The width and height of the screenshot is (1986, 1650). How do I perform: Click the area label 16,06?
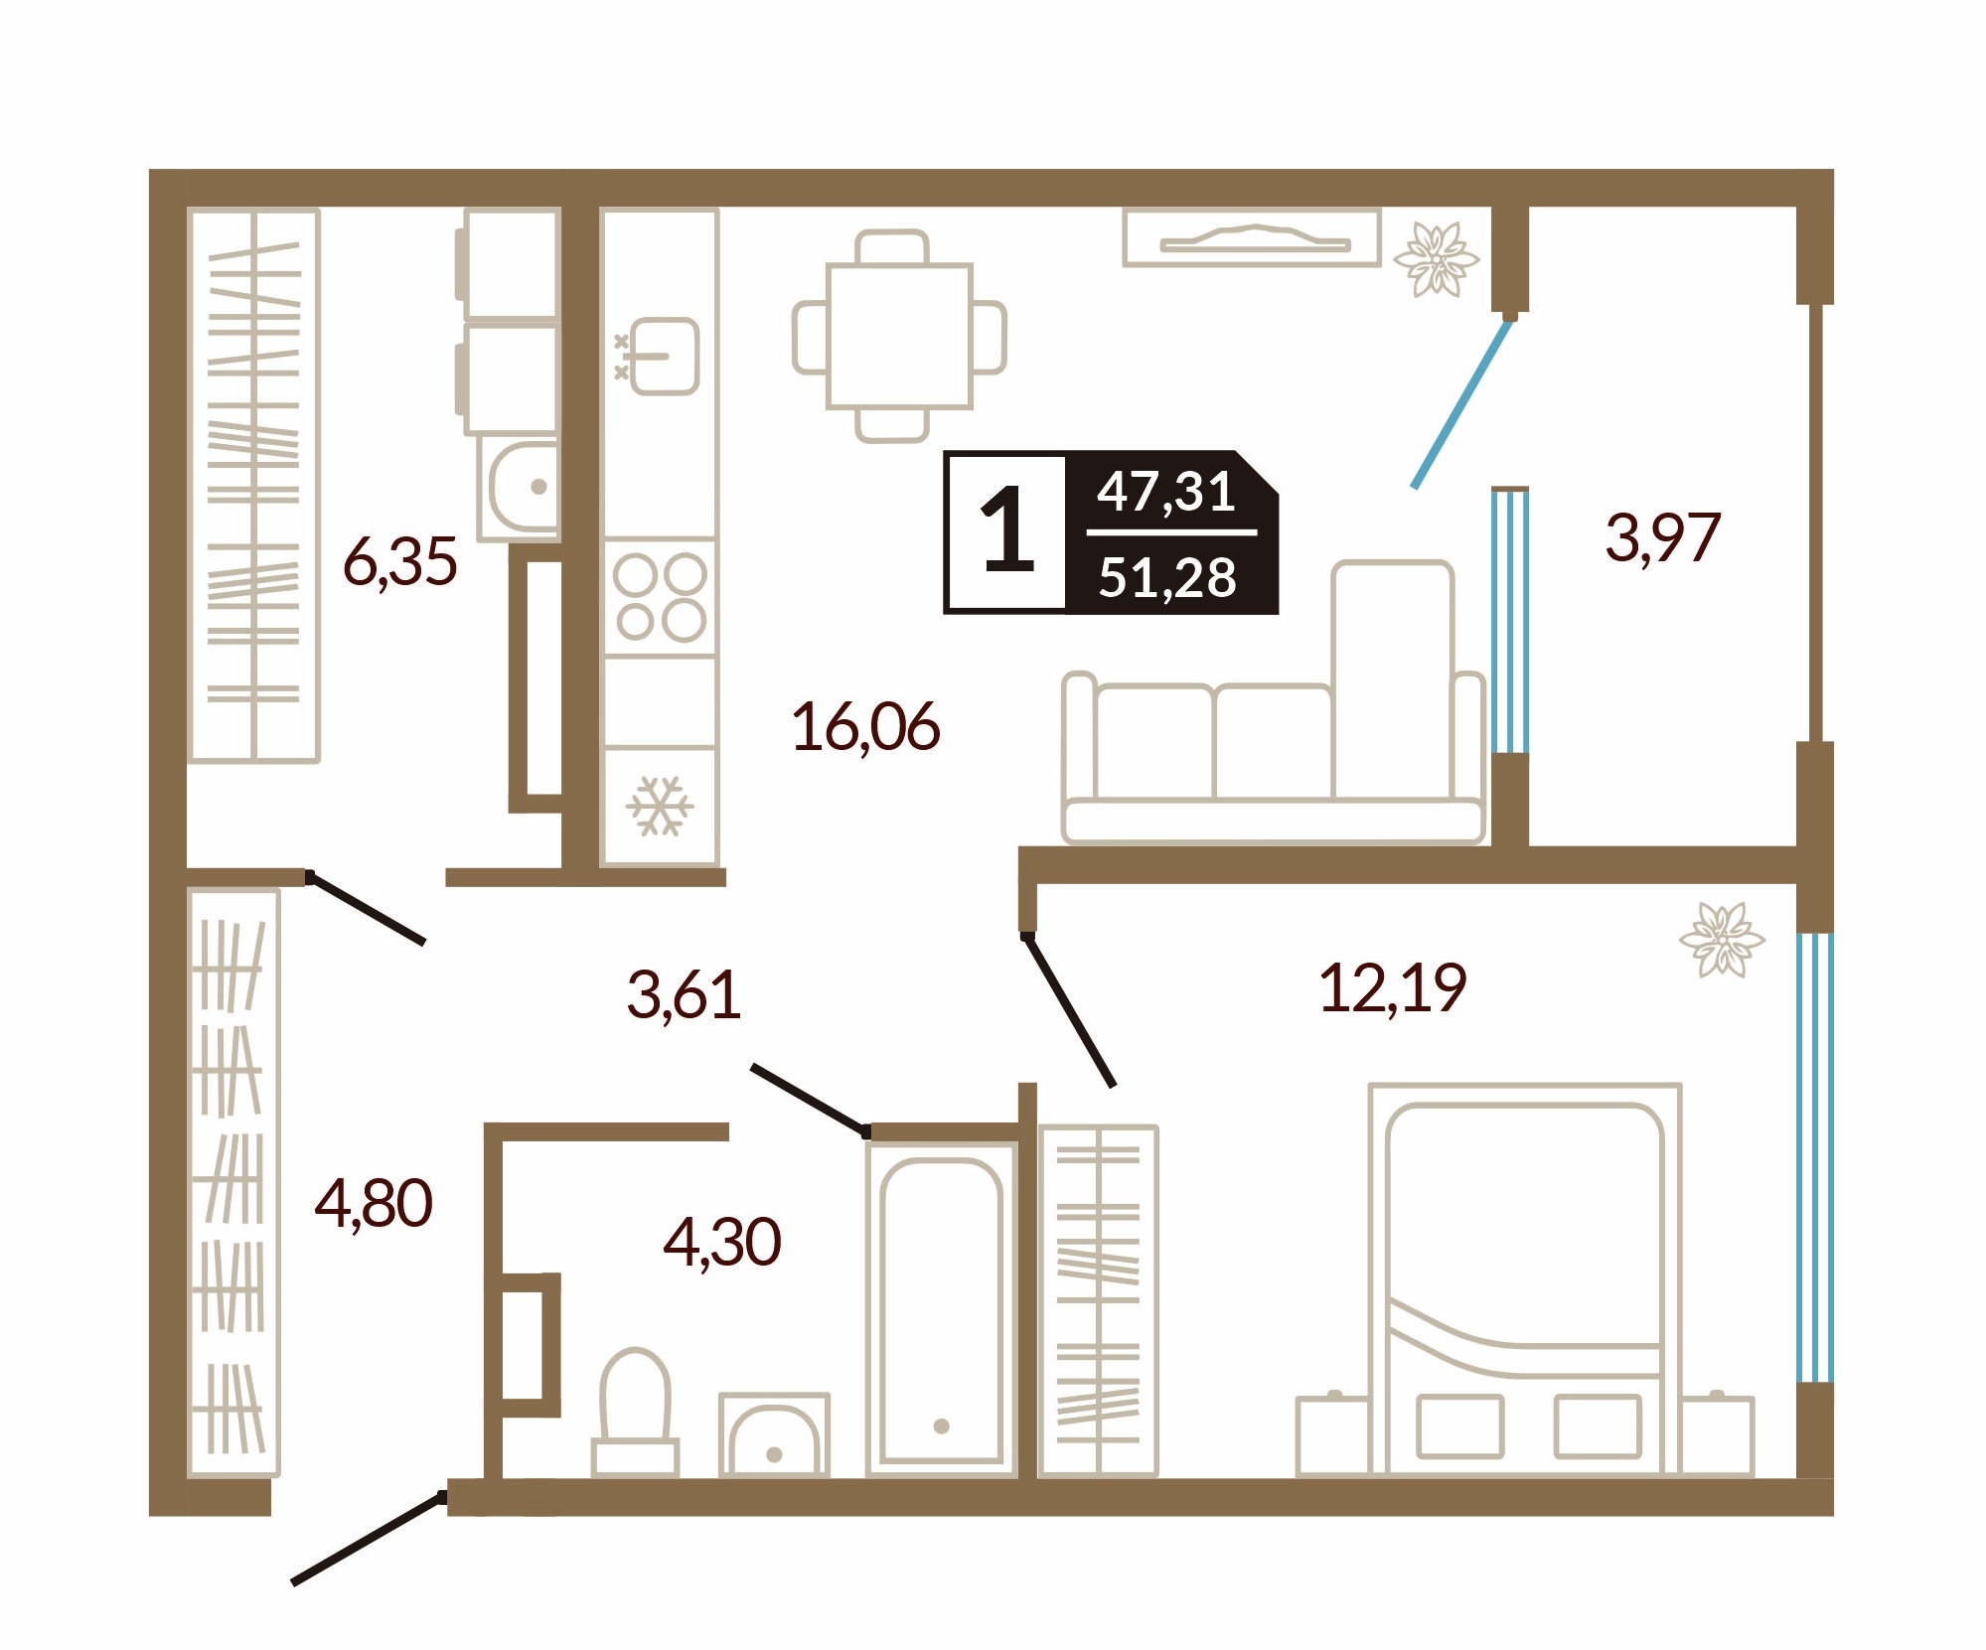point(865,727)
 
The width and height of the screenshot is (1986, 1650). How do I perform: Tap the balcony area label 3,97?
point(1662,537)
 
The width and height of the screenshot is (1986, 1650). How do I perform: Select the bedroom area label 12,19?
point(1392,988)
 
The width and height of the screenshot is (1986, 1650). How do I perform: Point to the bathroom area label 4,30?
point(722,1242)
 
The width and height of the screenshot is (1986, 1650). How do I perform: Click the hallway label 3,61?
point(684,994)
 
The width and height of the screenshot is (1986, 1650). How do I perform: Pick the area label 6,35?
point(399,562)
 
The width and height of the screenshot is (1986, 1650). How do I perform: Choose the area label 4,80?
point(374,1204)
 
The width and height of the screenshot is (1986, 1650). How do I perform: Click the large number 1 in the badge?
point(1007,531)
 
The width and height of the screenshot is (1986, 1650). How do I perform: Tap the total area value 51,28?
point(1167,577)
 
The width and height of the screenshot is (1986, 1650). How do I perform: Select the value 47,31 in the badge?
point(1166,492)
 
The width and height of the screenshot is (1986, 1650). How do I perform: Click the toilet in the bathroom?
point(636,1411)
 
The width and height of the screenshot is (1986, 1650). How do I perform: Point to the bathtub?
point(941,1308)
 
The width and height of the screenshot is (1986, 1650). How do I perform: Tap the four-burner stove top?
point(661,597)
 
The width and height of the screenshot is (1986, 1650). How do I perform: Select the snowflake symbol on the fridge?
point(660,805)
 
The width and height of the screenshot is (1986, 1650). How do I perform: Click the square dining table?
point(899,336)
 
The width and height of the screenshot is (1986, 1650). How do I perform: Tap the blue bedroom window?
point(1815,1157)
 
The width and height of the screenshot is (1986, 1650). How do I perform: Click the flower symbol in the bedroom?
point(1722,940)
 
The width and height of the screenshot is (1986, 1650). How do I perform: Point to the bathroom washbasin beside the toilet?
point(774,1434)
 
